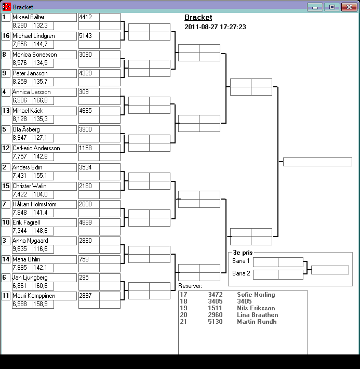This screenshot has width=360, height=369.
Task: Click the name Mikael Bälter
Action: tap(29, 17)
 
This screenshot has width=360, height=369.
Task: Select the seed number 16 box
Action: tap(6, 36)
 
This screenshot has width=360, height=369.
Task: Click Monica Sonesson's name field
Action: tap(34, 55)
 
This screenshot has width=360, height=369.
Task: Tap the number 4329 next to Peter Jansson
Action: tap(85, 73)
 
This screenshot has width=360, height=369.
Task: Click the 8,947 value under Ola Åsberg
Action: tap(20, 138)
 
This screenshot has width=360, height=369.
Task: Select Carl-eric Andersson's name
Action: tap(36, 148)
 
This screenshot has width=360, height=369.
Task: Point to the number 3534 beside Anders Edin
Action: tap(85, 167)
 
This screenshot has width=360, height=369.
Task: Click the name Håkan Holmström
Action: tap(34, 204)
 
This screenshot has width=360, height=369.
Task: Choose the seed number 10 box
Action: tap(6, 223)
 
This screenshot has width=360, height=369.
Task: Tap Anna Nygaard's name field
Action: tap(30, 241)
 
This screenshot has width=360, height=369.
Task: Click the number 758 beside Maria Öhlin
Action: tap(84, 259)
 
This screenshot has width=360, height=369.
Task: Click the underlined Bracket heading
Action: tap(198, 18)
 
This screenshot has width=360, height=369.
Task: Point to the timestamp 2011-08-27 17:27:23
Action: tap(215, 27)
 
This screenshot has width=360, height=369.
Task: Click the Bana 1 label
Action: tap(241, 261)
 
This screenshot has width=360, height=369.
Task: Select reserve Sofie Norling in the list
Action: tap(256, 295)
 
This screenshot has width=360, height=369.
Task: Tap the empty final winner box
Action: tap(317, 162)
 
